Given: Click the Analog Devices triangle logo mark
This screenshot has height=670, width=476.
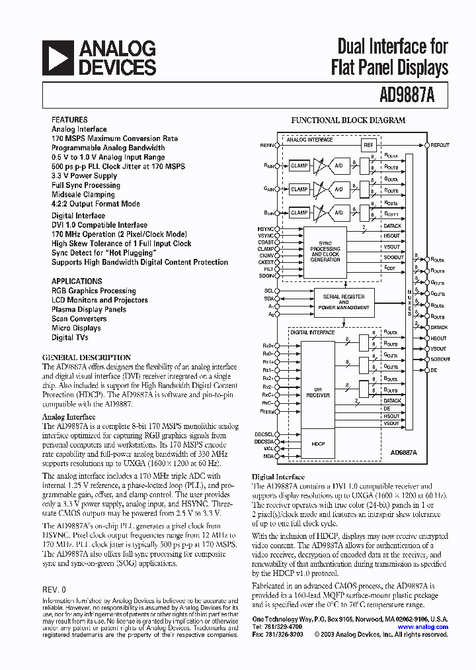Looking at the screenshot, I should (x=58, y=57).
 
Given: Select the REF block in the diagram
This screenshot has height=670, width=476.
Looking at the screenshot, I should (x=368, y=144).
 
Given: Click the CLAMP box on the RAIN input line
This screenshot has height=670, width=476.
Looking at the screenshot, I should (x=299, y=166).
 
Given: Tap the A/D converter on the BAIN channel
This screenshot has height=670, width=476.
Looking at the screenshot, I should (x=338, y=213).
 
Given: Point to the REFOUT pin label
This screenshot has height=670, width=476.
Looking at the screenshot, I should (x=440, y=145).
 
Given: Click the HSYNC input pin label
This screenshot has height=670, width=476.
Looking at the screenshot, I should (x=265, y=228).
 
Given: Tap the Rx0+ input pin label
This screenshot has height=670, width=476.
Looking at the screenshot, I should (x=267, y=346).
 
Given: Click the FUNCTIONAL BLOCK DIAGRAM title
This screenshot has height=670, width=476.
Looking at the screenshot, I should (x=348, y=120).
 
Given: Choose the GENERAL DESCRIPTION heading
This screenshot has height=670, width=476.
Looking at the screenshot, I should (x=87, y=358).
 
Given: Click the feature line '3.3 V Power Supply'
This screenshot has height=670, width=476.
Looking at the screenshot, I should (x=84, y=176).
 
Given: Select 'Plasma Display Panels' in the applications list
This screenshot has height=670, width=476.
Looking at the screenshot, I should (x=89, y=309).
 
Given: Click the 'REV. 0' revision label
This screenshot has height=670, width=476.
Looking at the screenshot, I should (x=54, y=589).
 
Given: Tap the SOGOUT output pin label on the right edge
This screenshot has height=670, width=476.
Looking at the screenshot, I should (x=440, y=359).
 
